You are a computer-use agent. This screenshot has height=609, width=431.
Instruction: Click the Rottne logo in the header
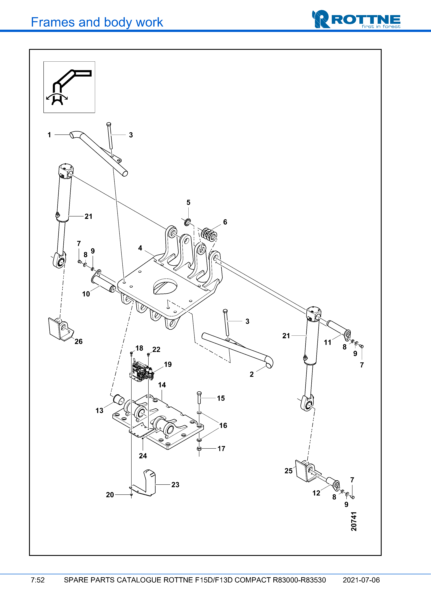point(356,19)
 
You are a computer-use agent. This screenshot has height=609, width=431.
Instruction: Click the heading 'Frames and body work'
point(97,22)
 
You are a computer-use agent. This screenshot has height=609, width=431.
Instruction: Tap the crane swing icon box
point(69,87)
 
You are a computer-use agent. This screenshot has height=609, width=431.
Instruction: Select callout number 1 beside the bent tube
point(49,135)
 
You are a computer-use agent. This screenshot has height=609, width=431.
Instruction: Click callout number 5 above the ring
point(188,202)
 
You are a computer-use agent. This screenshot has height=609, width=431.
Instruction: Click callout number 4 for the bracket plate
point(140,248)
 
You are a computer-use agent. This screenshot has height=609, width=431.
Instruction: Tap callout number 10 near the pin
point(86,294)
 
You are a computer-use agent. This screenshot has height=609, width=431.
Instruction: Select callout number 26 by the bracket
point(78,341)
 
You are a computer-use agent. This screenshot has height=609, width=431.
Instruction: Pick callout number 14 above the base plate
point(162,385)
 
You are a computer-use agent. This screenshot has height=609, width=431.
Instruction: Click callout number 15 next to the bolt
point(221,398)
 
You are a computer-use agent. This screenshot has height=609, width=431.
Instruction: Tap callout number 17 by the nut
point(221,448)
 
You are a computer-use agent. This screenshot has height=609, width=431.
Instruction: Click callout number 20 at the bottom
point(110,495)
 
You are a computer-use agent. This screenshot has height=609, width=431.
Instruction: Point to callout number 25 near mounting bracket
point(288,471)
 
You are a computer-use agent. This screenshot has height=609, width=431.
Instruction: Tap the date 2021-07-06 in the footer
point(361,580)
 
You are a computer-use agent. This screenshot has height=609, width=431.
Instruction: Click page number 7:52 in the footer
point(38,580)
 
